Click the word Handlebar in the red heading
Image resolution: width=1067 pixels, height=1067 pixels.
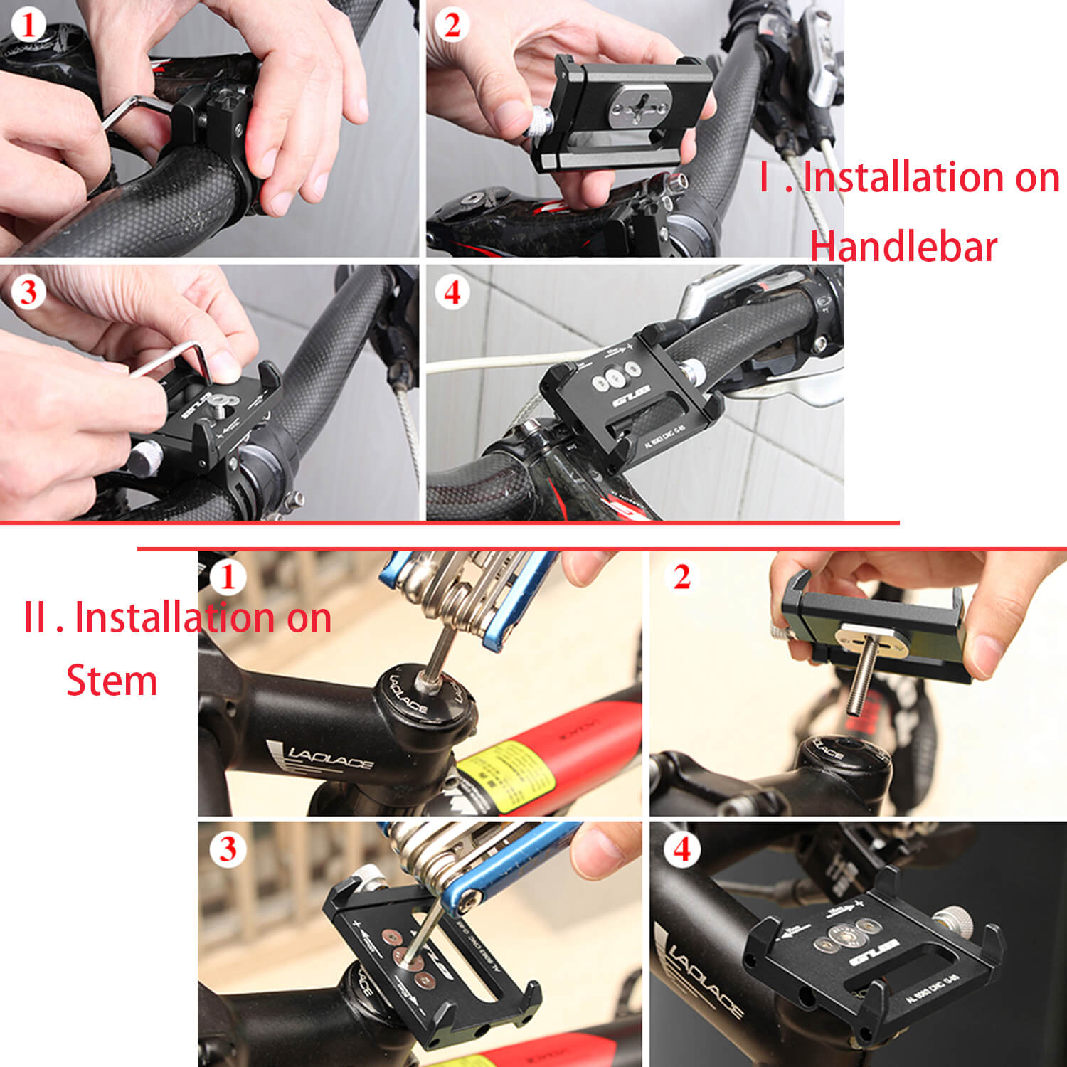(x=903, y=247)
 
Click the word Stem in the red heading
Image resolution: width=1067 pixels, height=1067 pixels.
(x=112, y=681)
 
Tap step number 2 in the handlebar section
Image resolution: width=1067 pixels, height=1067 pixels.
(x=452, y=26)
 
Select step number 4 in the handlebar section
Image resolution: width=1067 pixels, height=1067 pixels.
(x=452, y=292)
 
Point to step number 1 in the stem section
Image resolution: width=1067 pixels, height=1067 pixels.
(x=228, y=577)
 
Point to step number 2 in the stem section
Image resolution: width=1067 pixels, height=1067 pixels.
(x=681, y=577)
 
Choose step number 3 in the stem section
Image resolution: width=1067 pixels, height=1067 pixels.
(x=228, y=849)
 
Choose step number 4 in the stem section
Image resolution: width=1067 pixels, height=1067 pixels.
(x=681, y=849)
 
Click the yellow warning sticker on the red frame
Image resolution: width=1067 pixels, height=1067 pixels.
(x=506, y=773)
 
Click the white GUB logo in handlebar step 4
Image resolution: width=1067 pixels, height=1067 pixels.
(x=632, y=397)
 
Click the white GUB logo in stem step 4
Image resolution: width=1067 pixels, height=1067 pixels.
(x=874, y=952)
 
